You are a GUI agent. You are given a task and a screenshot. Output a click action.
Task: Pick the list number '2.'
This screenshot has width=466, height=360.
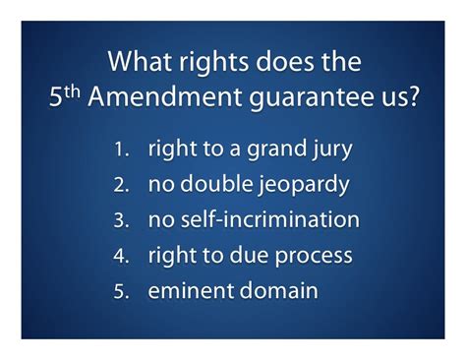coord(122,186)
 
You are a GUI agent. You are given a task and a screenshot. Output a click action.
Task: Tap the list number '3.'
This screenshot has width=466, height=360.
coord(122,220)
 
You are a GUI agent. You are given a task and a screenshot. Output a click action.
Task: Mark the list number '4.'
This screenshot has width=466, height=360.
coord(122,256)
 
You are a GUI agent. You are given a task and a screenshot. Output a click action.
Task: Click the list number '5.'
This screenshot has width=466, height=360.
coord(122,290)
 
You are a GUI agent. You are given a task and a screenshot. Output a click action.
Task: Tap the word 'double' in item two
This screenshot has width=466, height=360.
coord(214,185)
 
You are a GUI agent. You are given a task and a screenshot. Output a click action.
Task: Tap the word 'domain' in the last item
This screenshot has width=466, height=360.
coord(278,290)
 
